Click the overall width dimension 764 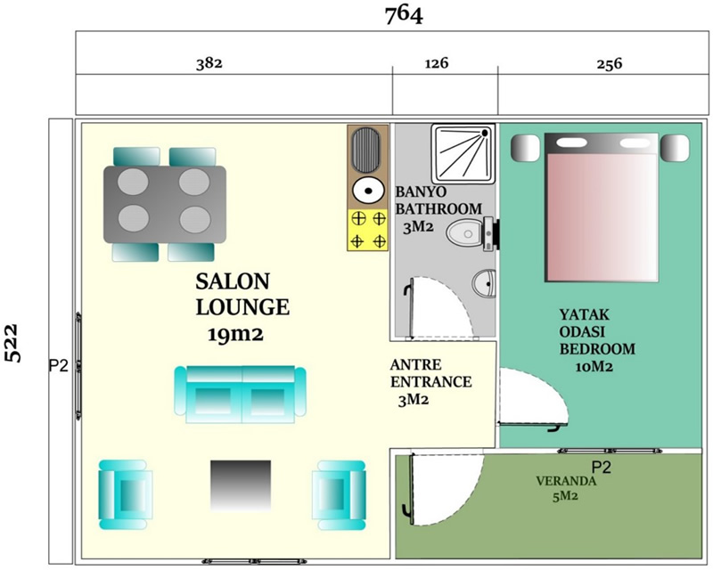(x=404, y=15)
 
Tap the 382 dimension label (x=209, y=62)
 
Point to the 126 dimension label (x=437, y=62)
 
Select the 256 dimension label (x=609, y=63)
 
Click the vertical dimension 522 (x=13, y=343)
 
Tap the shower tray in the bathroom (x=463, y=154)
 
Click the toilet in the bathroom (x=472, y=234)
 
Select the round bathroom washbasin (x=483, y=284)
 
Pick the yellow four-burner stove (x=368, y=230)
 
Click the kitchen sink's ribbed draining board (x=366, y=151)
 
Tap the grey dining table (x=165, y=204)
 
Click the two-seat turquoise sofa (x=241, y=394)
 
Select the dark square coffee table (x=241, y=485)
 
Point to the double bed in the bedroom (x=601, y=208)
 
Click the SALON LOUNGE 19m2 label (x=242, y=308)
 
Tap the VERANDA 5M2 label (x=566, y=488)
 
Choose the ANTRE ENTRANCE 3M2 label (x=430, y=382)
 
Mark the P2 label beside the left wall (x=59, y=365)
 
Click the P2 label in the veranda (x=601, y=468)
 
